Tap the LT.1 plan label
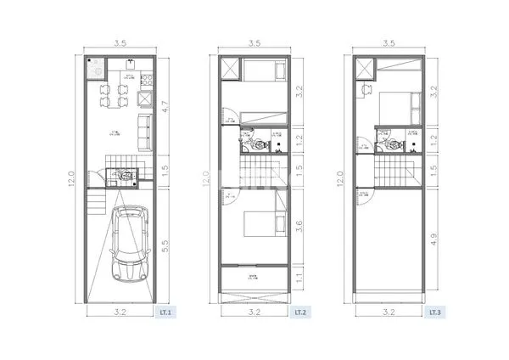pos(165,313)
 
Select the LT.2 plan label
pos(299,313)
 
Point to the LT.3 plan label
pos(433,313)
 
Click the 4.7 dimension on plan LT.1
pos(166,108)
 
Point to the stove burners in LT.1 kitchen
pos(147,82)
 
